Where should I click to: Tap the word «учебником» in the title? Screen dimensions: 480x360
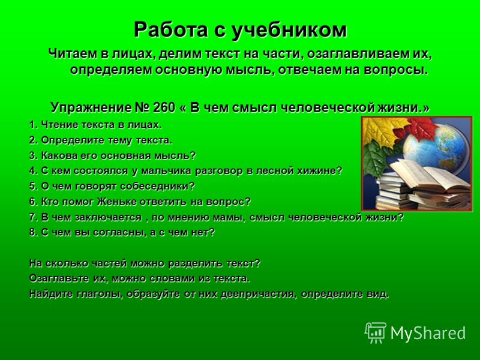tap(289, 31)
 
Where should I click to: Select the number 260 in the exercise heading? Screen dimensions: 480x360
tap(164, 107)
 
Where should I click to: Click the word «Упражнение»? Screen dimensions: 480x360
tap(91, 108)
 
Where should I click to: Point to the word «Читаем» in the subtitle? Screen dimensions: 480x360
tap(71, 54)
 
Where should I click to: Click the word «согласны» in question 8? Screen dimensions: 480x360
tap(119, 233)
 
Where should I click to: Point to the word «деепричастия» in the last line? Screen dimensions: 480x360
tap(259, 294)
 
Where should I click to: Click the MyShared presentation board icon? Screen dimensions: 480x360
tap(375, 332)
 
